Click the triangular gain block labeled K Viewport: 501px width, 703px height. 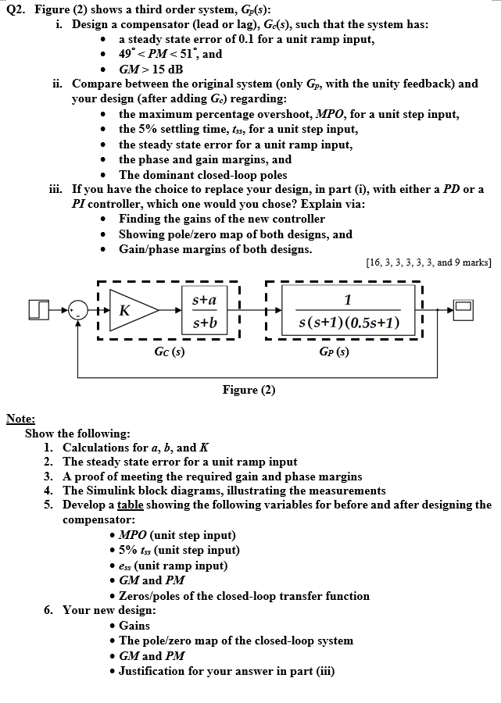tap(127, 309)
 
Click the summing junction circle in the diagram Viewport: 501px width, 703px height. tap(77, 310)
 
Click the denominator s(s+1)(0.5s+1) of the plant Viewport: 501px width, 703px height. tap(348, 322)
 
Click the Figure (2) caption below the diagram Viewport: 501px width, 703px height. tap(249, 390)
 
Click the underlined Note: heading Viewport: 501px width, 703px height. tap(20, 419)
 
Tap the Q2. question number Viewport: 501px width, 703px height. tap(16, 9)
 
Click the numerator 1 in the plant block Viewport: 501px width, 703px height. tap(348, 298)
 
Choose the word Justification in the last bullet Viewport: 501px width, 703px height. tap(156, 670)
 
